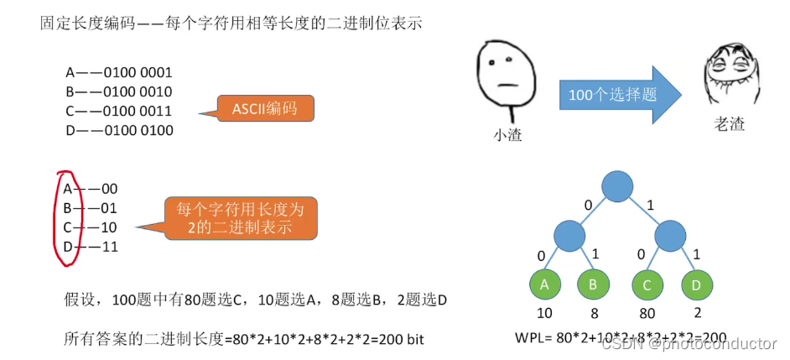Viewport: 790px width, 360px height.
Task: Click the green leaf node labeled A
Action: (x=544, y=284)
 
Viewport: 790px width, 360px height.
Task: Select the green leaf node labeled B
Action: (x=594, y=284)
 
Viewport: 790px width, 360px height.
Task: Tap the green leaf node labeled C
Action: (x=647, y=284)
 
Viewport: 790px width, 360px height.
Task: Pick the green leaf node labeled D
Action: (x=697, y=284)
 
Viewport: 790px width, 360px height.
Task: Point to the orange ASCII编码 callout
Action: (x=264, y=109)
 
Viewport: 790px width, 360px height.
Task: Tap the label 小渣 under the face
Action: (x=507, y=134)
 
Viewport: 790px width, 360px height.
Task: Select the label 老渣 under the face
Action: (x=729, y=125)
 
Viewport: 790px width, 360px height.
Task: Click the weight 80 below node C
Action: (x=647, y=314)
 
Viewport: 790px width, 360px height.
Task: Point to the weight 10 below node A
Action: (x=543, y=314)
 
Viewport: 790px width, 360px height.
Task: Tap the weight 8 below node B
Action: (x=594, y=314)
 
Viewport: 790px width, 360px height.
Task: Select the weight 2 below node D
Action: (x=697, y=314)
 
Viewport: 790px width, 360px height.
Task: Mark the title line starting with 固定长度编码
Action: (x=231, y=23)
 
